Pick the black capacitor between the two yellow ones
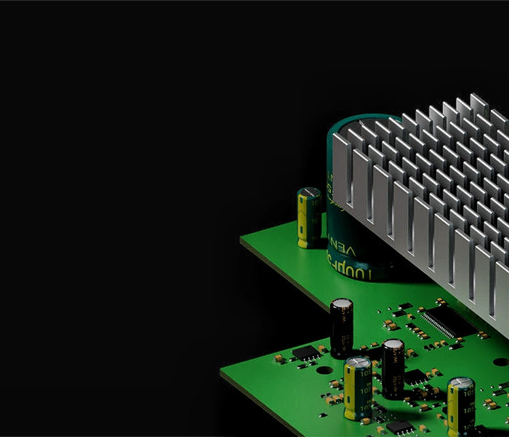pyautogui.click(x=393, y=368)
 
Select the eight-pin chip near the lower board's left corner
pyautogui.click(x=306, y=352)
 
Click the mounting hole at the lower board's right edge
pyautogui.click(x=500, y=362)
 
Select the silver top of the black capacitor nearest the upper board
pyautogui.click(x=342, y=304)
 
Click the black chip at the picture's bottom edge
pyautogui.click(x=398, y=427)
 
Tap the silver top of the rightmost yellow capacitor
pyautogui.click(x=461, y=384)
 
